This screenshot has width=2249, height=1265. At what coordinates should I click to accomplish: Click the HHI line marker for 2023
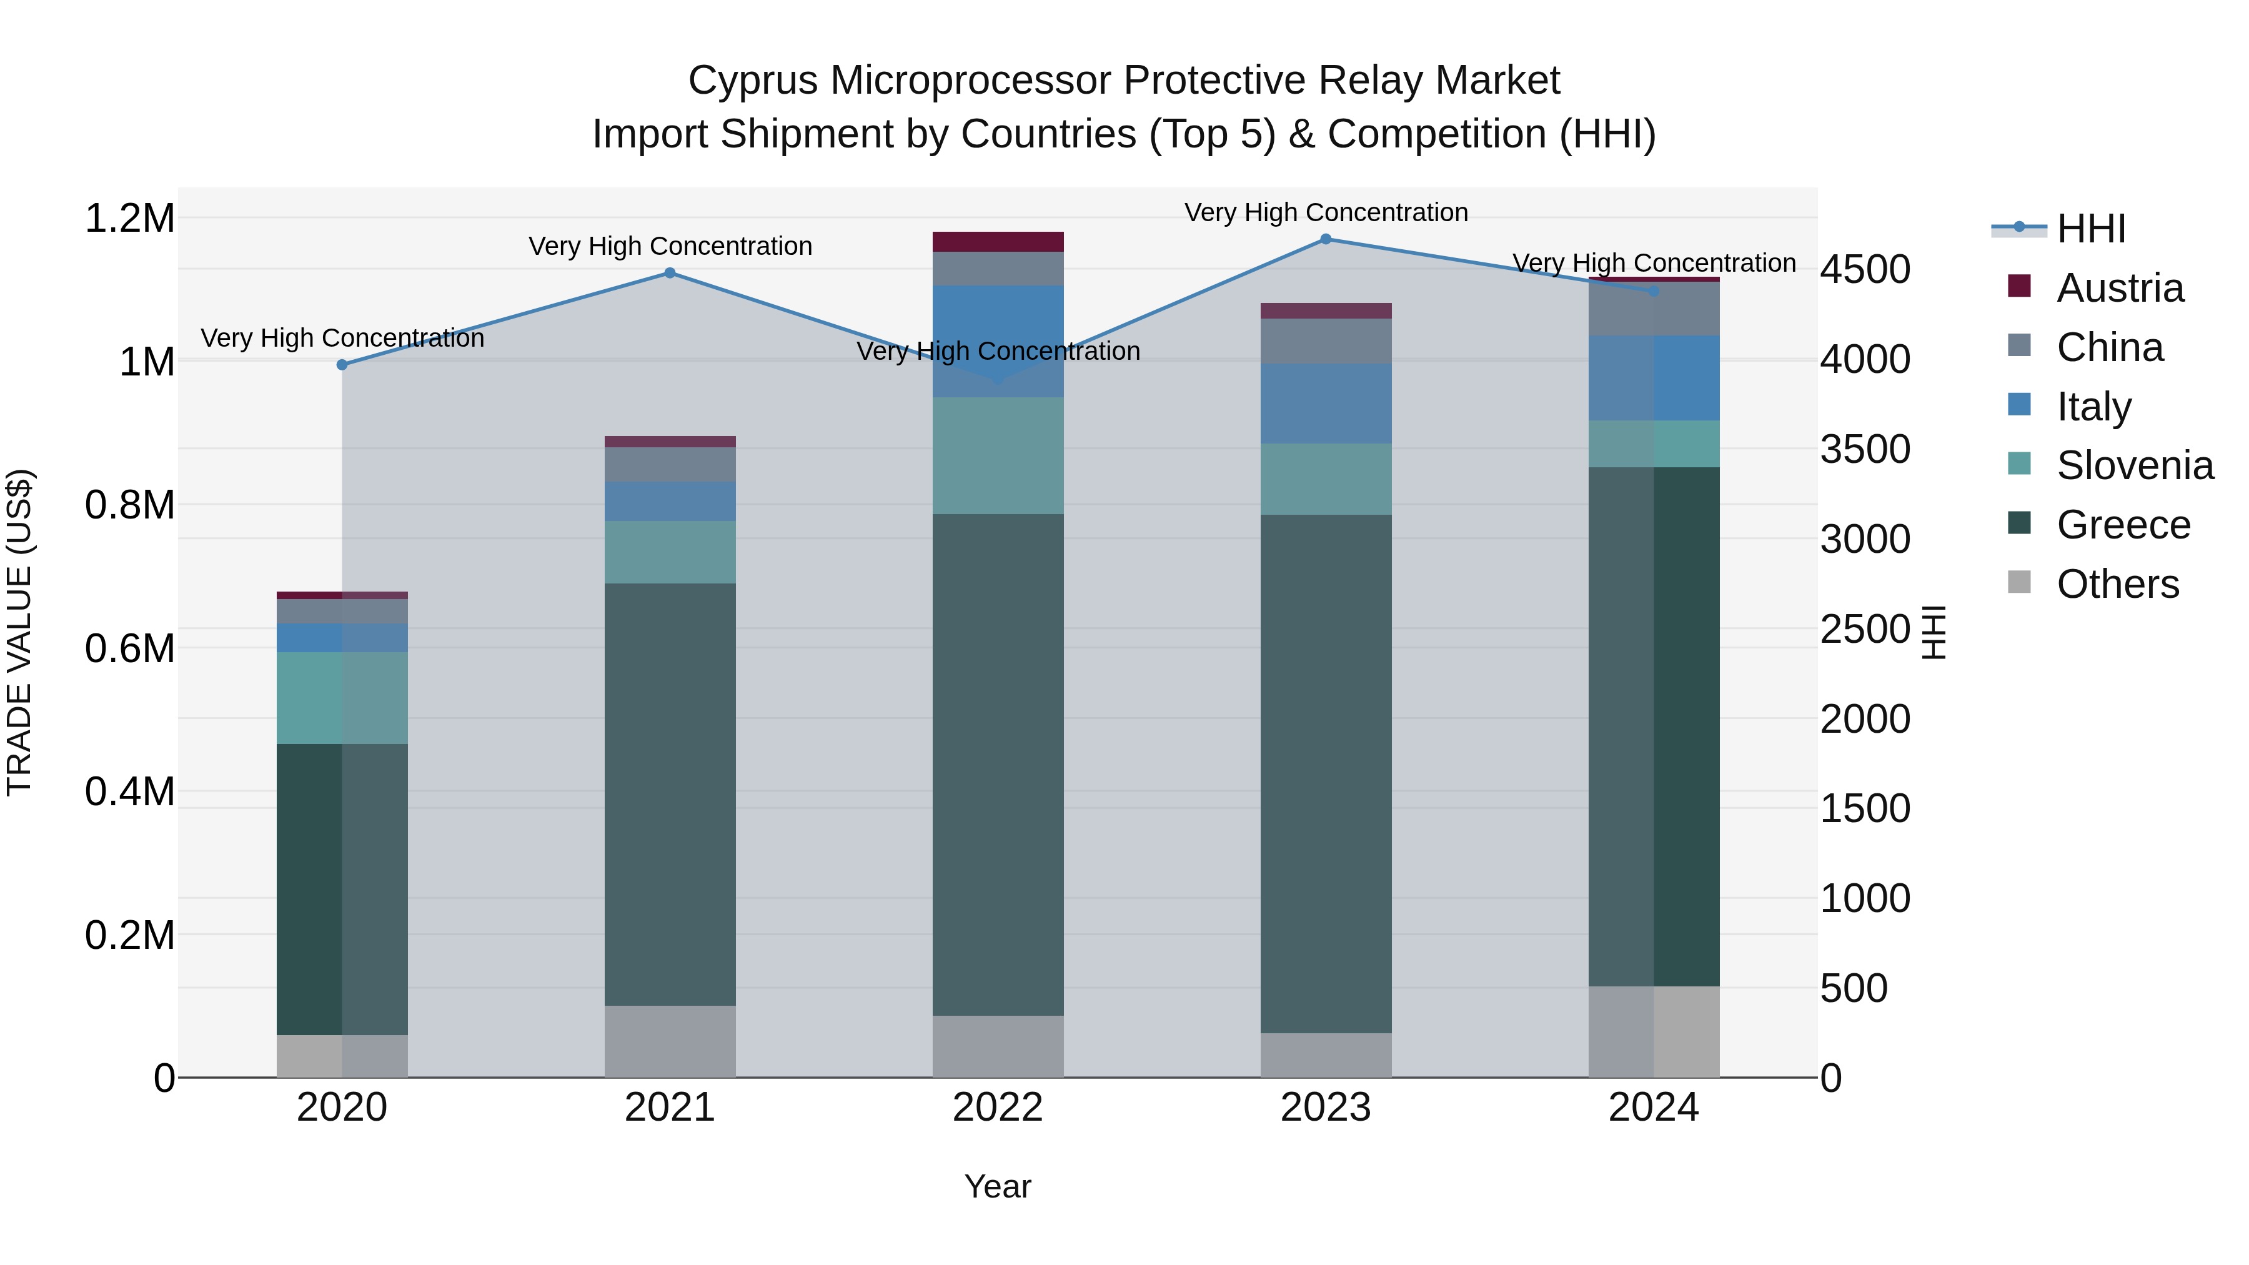click(x=1325, y=239)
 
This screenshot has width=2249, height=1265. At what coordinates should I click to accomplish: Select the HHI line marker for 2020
click(x=342, y=365)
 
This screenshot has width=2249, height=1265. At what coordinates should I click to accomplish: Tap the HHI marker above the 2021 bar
click(x=670, y=273)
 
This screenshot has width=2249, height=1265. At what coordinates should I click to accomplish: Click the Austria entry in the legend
click(x=2119, y=288)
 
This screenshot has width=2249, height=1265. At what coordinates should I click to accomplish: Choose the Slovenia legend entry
click(x=2134, y=465)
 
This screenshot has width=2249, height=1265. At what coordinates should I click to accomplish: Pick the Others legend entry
click(x=2117, y=584)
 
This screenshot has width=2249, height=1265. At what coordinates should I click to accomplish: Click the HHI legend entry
click(x=2090, y=229)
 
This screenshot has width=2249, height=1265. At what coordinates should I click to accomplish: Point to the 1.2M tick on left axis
click(x=130, y=218)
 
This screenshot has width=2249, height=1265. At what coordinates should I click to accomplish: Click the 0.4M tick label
click(x=130, y=792)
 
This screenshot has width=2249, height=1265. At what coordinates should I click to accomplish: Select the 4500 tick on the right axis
click(x=1865, y=270)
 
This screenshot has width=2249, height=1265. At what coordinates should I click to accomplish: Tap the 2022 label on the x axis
click(x=997, y=1108)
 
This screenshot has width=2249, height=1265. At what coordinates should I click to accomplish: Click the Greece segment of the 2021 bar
click(x=670, y=795)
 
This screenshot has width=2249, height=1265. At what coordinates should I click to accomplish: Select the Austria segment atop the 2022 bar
click(x=998, y=242)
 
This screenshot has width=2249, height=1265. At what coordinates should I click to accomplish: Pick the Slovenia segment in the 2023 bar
click(x=1325, y=479)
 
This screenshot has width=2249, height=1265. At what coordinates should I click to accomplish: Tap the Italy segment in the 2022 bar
click(x=998, y=341)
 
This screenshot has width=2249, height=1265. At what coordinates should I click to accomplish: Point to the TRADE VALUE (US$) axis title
click(x=19, y=632)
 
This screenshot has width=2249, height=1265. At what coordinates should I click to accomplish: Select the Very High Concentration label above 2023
click(x=1325, y=213)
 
